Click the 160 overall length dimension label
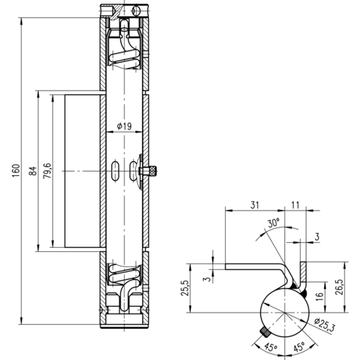click(x=16, y=171)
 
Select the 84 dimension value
click(x=33, y=171)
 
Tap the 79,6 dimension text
click(x=47, y=171)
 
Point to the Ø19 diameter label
click(x=124, y=126)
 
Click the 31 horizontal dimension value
click(x=255, y=205)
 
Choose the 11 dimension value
click(x=296, y=205)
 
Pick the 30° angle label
click(x=273, y=223)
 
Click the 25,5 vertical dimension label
click(x=186, y=288)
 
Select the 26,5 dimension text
click(x=339, y=287)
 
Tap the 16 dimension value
click(x=319, y=296)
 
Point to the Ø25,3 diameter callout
click(x=325, y=325)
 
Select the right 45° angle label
click(x=299, y=347)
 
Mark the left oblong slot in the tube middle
click(x=115, y=171)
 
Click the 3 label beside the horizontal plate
click(x=208, y=279)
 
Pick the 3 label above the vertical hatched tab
click(x=317, y=237)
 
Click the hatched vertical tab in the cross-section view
click(x=303, y=272)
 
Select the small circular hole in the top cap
click(x=136, y=11)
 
